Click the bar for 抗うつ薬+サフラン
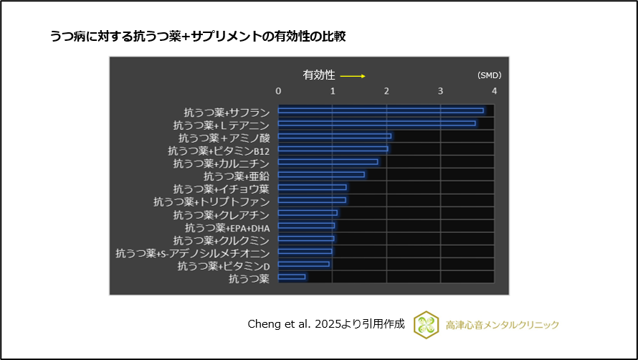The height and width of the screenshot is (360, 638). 381,110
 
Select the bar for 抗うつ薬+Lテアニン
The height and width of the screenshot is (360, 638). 376,123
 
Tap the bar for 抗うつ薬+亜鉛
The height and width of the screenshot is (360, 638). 321,174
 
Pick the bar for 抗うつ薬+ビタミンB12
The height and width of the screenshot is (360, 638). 333,149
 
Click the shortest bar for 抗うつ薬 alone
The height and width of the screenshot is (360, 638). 292,277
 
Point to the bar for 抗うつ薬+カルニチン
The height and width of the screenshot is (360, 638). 328,162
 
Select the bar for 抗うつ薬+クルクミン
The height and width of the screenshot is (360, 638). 306,239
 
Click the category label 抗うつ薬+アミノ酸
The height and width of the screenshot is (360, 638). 224,138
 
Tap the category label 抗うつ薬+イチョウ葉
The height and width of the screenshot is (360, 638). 221,189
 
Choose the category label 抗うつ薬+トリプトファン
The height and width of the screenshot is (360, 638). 211,202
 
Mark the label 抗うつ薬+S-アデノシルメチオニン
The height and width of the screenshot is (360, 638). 192,253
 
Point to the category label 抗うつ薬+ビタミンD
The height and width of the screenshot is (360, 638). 223,266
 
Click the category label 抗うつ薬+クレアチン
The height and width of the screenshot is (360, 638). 221,215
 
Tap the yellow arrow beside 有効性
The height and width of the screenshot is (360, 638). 353,76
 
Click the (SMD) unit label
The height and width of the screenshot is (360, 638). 489,75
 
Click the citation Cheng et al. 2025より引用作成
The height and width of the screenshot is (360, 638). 325,324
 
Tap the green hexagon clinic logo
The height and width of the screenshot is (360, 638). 426,324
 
